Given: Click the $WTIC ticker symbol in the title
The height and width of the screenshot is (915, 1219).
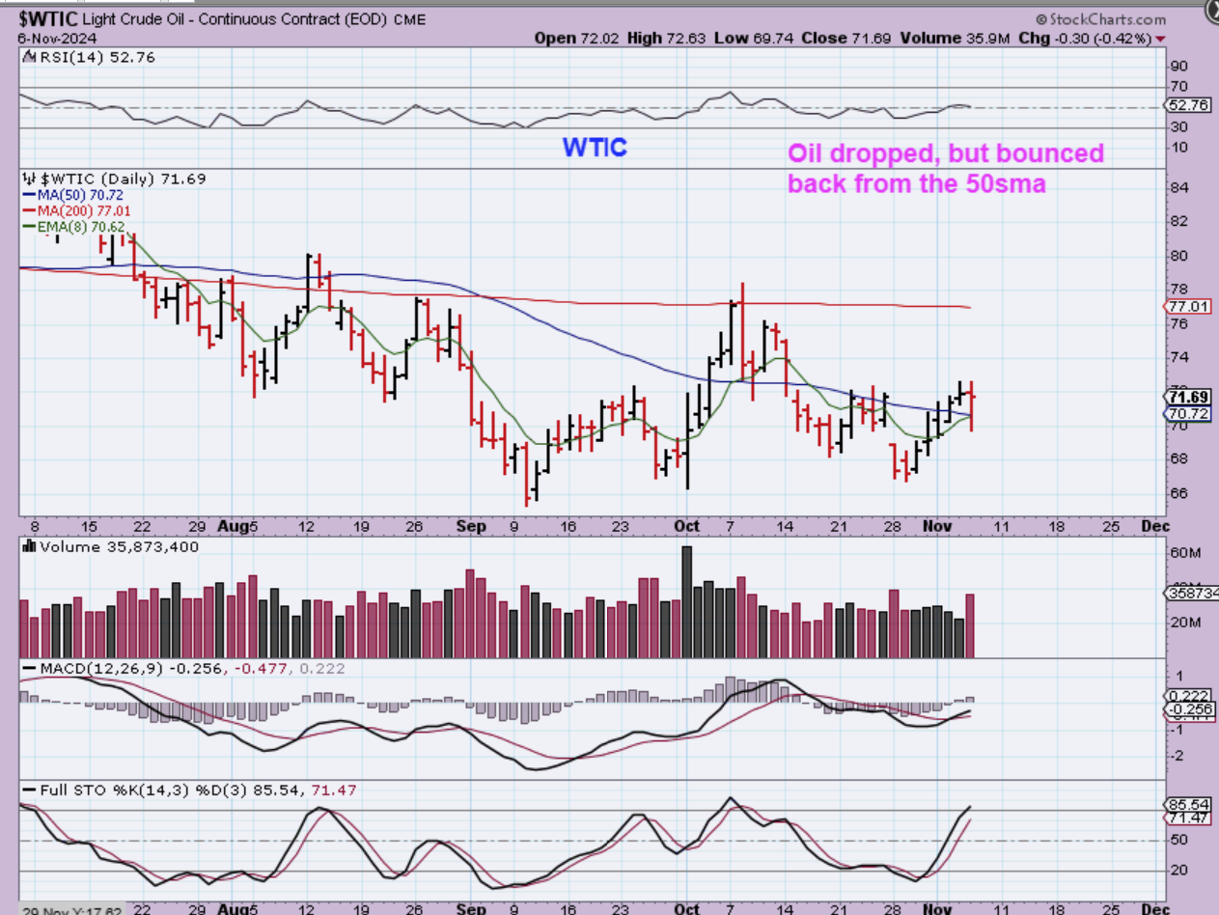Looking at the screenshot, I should coord(42,18).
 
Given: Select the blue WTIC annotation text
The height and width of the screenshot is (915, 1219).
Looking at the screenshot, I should coord(595,148).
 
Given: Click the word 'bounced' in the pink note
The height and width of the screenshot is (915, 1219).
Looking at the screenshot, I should coord(1055,154).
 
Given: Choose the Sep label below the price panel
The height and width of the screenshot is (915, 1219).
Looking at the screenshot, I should coord(472,526).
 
